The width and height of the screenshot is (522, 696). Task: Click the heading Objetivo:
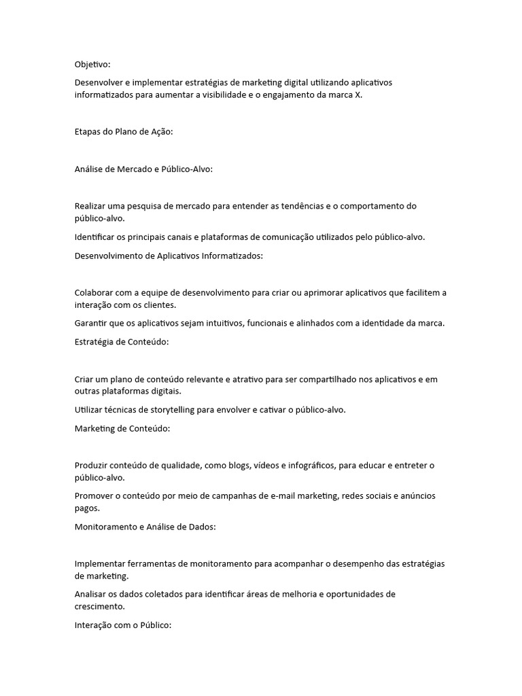[92, 65]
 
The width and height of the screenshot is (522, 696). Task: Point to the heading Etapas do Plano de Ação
[123, 132]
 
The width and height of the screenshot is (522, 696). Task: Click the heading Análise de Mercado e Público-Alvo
[143, 169]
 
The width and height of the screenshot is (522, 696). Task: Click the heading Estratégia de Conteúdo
[122, 342]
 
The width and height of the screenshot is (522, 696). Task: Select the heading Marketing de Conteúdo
[122, 428]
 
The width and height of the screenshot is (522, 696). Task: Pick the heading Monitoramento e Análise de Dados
[145, 527]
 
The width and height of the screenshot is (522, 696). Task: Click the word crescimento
[100, 607]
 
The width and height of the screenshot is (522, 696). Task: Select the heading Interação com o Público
[124, 625]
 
